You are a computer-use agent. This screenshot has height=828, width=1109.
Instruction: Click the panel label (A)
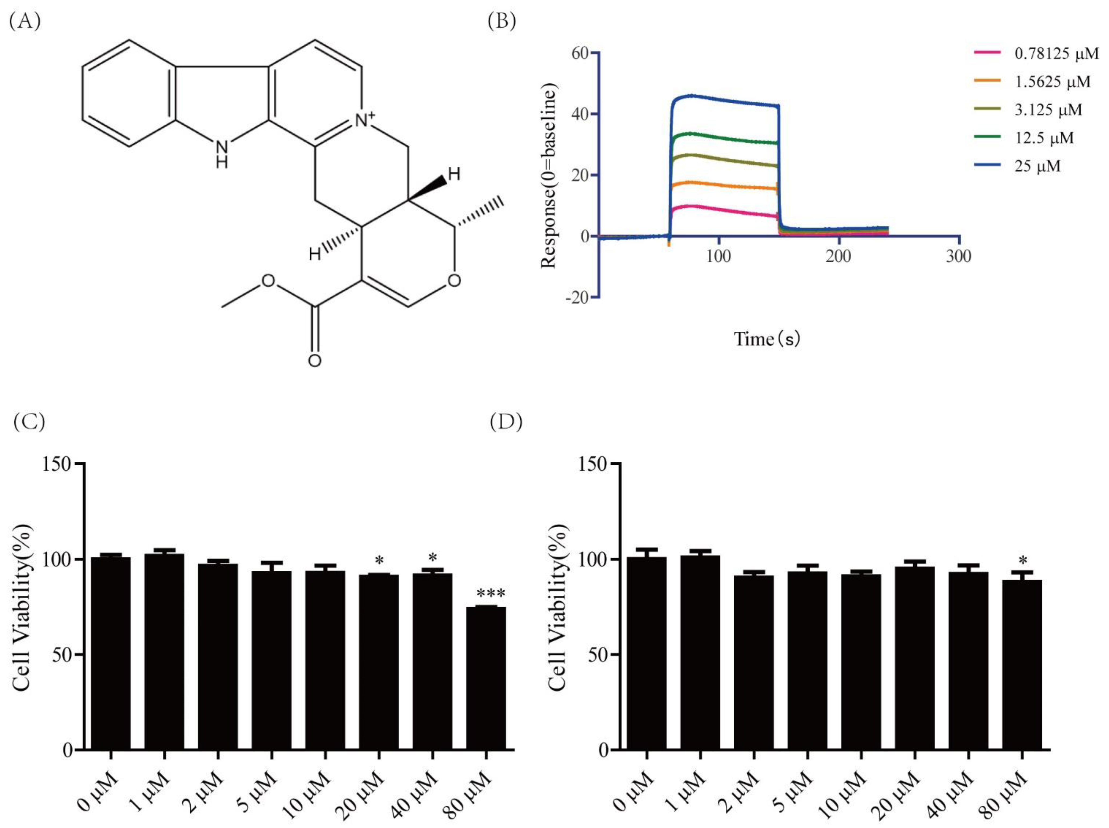[x=25, y=22]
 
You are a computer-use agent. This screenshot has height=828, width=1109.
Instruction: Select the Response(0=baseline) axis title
[x=549, y=176]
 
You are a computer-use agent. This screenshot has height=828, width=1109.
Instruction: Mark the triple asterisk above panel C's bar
[x=490, y=594]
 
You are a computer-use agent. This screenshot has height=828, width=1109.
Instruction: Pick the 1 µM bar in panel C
[x=164, y=652]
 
